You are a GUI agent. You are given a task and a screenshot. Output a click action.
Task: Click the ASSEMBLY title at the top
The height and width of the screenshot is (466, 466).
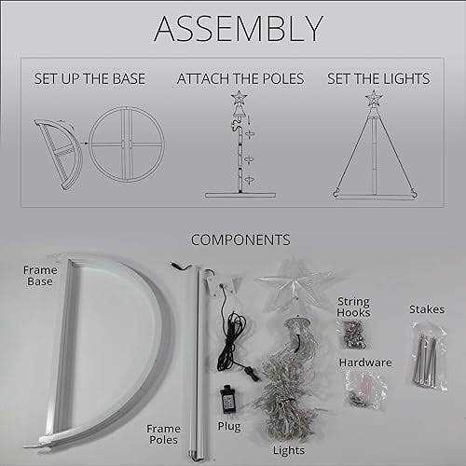239,29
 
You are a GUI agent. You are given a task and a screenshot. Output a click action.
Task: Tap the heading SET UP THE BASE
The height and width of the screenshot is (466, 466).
89,78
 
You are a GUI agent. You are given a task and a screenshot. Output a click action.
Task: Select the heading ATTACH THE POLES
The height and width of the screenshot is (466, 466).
240,78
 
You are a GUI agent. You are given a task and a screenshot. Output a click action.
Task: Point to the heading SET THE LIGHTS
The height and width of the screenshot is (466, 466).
378,78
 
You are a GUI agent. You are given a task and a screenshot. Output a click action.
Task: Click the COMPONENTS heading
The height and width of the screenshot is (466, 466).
240,240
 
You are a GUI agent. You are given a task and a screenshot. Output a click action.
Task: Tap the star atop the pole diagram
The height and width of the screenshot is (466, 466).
239,97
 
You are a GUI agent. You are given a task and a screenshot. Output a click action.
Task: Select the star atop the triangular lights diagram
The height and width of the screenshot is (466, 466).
374,98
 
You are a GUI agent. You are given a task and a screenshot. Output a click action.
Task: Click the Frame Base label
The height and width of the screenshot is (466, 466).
40,276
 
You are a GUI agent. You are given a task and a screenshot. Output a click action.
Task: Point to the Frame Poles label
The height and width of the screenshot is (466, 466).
163,434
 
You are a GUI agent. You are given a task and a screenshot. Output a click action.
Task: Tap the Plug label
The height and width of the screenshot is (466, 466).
229,427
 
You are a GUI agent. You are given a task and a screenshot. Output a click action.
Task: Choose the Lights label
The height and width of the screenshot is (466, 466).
289,450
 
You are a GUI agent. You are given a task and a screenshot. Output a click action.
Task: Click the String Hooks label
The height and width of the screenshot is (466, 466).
353,307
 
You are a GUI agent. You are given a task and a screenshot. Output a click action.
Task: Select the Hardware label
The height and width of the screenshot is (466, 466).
365,363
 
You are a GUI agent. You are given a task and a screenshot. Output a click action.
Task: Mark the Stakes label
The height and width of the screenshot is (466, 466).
427,309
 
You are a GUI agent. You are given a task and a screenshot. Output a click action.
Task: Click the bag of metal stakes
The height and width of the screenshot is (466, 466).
428,357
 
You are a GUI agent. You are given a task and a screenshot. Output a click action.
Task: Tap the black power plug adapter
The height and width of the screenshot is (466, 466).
227,399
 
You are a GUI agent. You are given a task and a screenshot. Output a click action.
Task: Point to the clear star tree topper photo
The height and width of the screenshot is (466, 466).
294,282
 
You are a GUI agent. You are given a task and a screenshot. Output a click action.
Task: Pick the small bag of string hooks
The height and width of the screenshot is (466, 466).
353,335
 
